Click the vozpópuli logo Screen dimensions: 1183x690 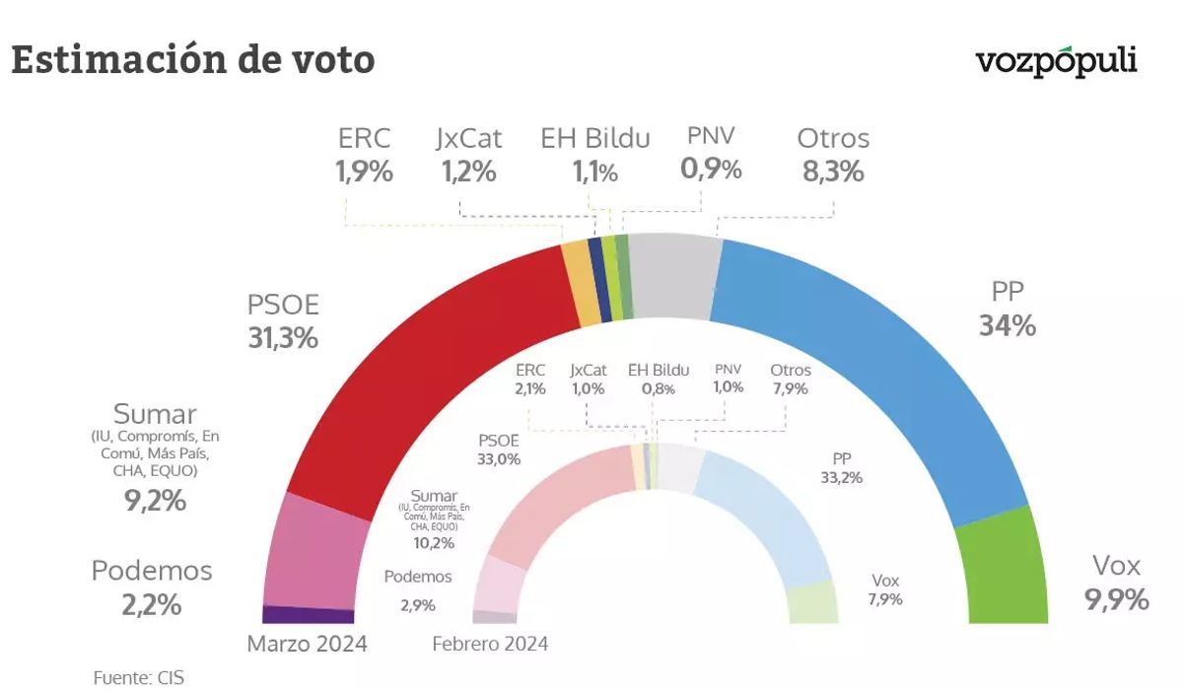click(1056, 62)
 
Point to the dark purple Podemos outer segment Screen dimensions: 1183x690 click(308, 615)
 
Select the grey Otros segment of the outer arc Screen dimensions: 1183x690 click(673, 276)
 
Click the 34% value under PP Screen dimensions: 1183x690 click(1008, 325)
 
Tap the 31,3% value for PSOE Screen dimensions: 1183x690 click(283, 338)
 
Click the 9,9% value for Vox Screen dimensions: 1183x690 click(1117, 599)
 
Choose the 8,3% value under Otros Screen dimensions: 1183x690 click(833, 172)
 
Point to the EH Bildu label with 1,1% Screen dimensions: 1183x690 click(595, 155)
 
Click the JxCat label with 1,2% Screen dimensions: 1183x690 click(469, 155)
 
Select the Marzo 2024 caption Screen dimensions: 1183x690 click(307, 644)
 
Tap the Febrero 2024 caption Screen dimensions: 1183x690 click(490, 644)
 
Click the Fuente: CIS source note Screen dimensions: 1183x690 click(138, 677)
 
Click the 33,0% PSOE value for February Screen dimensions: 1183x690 click(499, 458)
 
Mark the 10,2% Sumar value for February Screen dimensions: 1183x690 click(434, 543)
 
